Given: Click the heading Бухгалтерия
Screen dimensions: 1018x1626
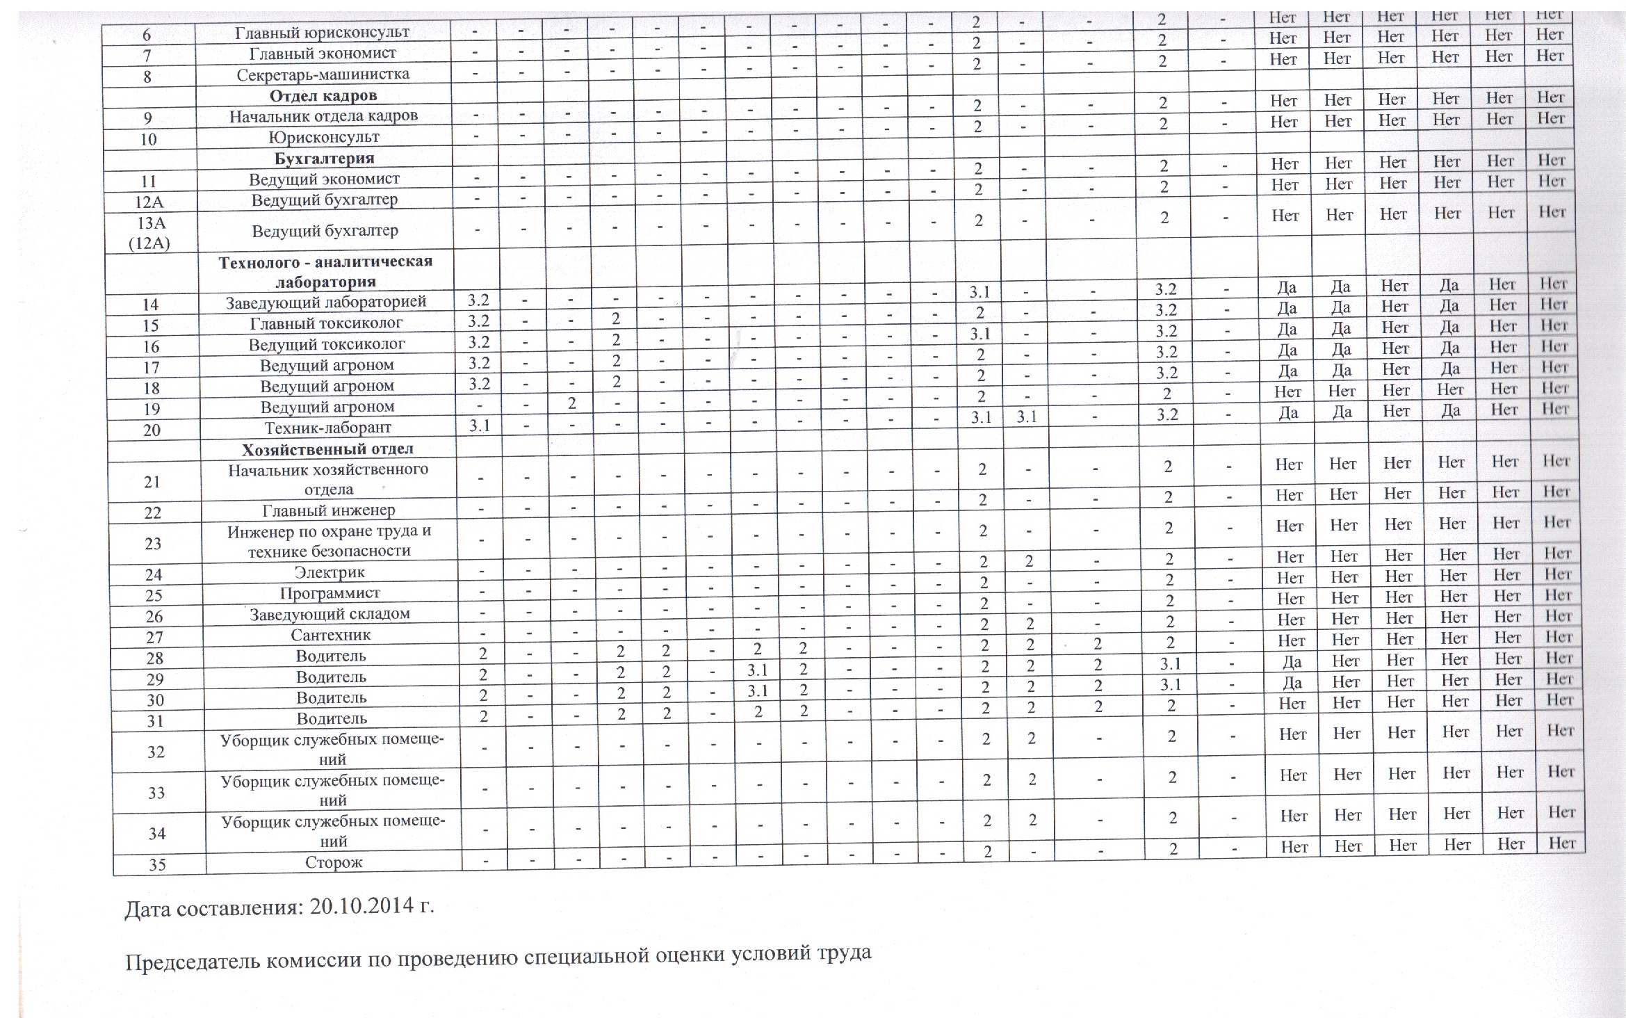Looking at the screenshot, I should (324, 158).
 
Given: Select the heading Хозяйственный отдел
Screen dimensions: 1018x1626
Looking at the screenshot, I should (327, 449).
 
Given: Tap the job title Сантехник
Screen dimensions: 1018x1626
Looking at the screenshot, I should (330, 635).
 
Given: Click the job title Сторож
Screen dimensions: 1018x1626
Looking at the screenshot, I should (334, 862).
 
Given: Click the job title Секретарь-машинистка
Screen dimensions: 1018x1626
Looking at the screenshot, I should (323, 74).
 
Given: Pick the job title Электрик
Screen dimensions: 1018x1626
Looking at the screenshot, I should (329, 572).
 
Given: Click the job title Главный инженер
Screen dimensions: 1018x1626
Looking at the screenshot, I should (329, 510).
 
